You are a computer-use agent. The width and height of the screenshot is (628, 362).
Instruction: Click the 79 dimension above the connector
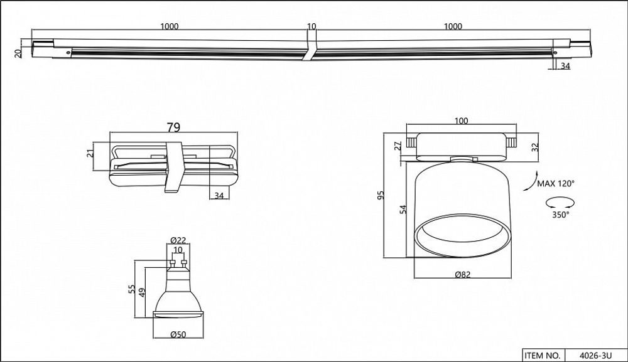174,127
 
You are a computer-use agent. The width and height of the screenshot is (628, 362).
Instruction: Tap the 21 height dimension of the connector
90,151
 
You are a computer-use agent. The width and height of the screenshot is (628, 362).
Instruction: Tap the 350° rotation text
561,215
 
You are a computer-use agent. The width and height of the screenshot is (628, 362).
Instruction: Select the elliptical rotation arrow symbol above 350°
560,202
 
